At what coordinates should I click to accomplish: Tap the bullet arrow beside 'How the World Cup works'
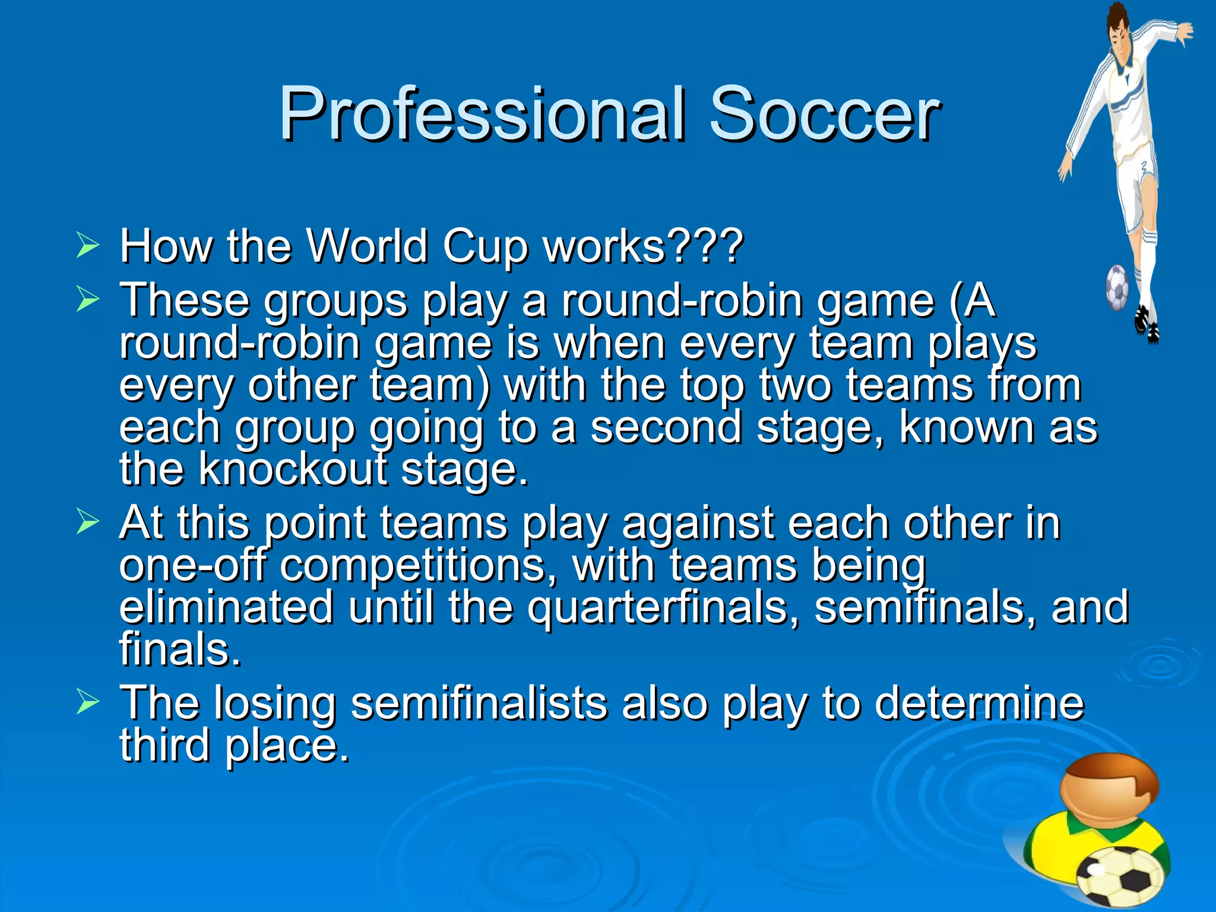(x=88, y=246)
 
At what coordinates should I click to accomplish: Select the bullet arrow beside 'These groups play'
(x=88, y=300)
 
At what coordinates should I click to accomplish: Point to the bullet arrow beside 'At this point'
(x=88, y=522)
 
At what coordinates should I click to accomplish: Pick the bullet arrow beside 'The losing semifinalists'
(x=88, y=702)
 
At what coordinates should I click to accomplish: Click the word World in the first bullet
(x=366, y=246)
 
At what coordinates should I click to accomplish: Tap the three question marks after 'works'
(x=705, y=246)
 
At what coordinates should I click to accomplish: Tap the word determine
(x=979, y=704)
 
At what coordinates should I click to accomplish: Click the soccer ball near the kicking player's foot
(x=1117, y=287)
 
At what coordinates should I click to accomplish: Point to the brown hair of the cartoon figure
(x=1116, y=772)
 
